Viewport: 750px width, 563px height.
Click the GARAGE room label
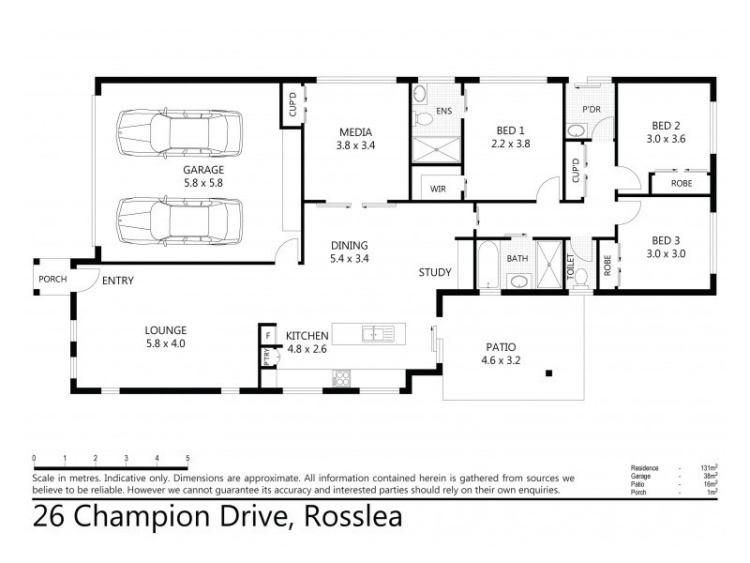[x=202, y=170]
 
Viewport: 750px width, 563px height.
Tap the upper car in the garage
[x=177, y=135]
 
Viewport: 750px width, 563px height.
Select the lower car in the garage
[x=177, y=221]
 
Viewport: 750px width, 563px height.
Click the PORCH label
[x=51, y=280]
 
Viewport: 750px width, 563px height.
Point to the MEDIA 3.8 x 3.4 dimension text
[x=354, y=145]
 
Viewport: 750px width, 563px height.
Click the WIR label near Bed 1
[x=438, y=189]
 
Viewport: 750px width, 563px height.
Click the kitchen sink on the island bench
[x=380, y=334]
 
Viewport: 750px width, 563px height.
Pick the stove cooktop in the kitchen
[x=341, y=379]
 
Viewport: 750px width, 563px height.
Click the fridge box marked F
[x=267, y=335]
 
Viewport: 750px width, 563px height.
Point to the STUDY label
[x=435, y=273]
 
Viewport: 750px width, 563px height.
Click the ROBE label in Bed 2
[x=682, y=183]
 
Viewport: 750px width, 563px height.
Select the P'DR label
[x=591, y=110]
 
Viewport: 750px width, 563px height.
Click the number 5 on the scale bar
[x=187, y=458]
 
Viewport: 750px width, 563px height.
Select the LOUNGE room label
[x=166, y=329]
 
